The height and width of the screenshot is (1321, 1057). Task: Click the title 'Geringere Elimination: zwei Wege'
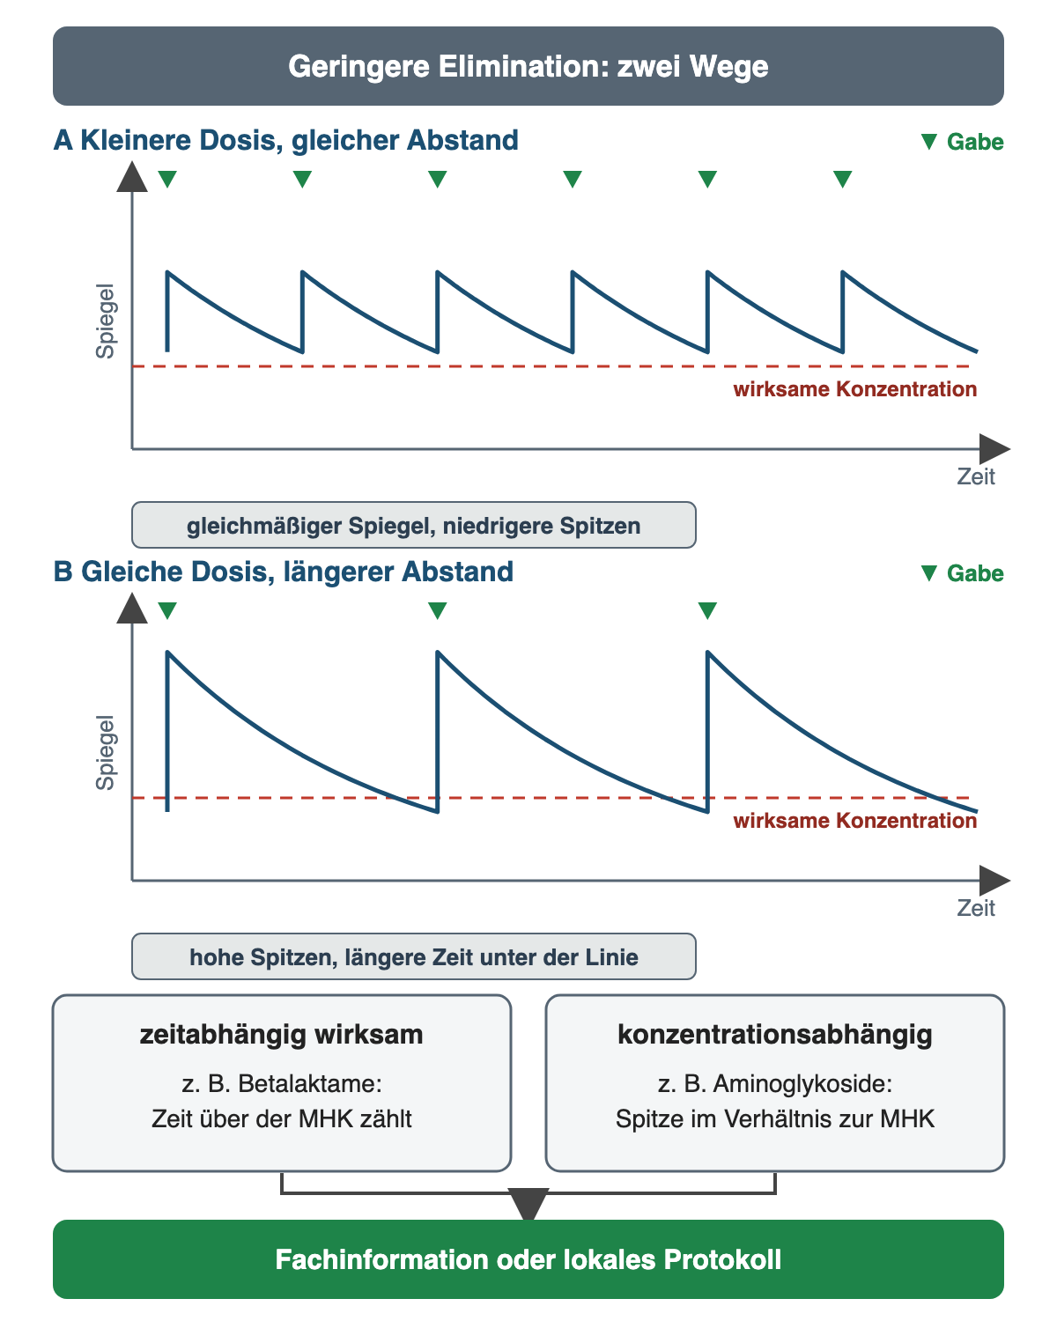pyautogui.click(x=528, y=66)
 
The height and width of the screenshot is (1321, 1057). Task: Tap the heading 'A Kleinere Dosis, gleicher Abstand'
pyautogui.click(x=285, y=140)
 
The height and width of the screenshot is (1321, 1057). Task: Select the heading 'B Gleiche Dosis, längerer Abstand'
pyautogui.click(x=283, y=572)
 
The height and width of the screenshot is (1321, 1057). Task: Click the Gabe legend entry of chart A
pyautogui.click(x=963, y=142)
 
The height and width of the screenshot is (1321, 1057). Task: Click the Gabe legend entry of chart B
pyautogui.click(x=963, y=573)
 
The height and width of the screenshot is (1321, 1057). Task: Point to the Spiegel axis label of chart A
pyautogui.click(x=105, y=321)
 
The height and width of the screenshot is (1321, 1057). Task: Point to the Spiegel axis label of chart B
pyautogui.click(x=105, y=753)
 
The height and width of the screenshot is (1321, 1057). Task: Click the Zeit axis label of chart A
pyautogui.click(x=976, y=476)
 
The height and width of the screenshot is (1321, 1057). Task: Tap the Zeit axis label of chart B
pyautogui.click(x=976, y=908)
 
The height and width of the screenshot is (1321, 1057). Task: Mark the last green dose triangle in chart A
pyautogui.click(x=843, y=179)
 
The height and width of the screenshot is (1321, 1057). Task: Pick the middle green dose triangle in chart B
pyautogui.click(x=437, y=610)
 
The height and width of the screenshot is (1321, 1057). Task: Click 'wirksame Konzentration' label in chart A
pyautogui.click(x=855, y=389)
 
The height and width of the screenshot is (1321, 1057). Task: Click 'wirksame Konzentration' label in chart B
pyautogui.click(x=855, y=821)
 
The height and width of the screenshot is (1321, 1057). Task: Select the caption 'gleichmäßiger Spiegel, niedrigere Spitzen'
pyautogui.click(x=414, y=526)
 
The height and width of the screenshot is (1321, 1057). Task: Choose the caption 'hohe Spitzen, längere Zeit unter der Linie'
pyautogui.click(x=414, y=957)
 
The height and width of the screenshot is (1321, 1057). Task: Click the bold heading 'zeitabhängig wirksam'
pyautogui.click(x=281, y=1034)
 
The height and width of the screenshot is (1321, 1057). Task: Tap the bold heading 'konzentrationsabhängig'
pyautogui.click(x=775, y=1034)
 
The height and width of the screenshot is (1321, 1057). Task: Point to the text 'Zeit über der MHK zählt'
pyautogui.click(x=281, y=1119)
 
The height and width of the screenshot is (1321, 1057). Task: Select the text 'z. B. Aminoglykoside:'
pyautogui.click(x=775, y=1084)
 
